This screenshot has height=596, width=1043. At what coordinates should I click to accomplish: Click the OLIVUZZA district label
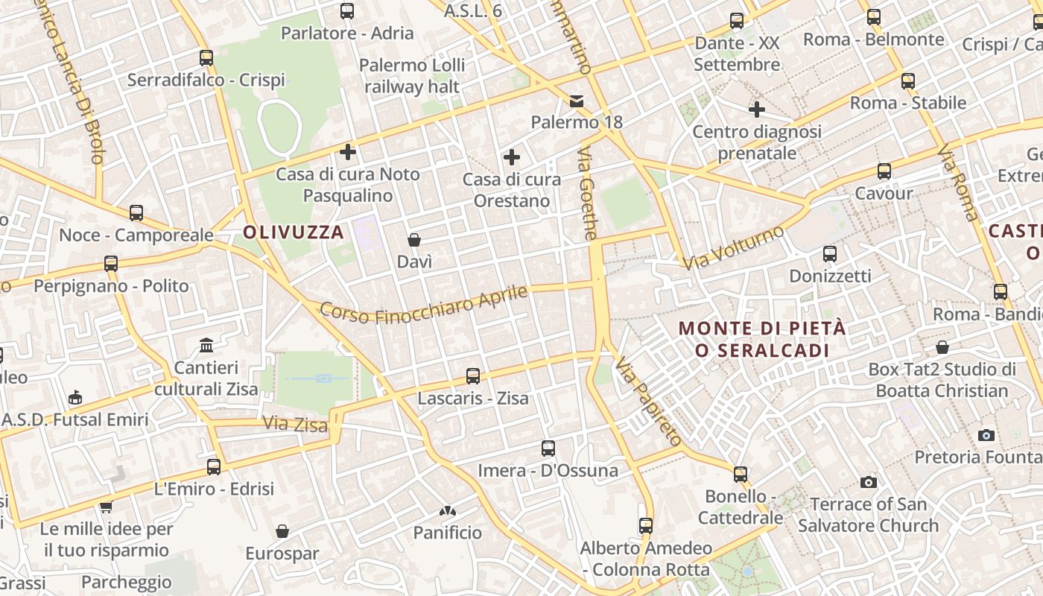tap(294, 232)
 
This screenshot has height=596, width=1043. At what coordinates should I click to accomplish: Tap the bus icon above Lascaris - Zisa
tap(473, 376)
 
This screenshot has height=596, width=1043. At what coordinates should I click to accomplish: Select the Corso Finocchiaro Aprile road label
tap(424, 305)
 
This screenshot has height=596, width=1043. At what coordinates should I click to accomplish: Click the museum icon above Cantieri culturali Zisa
tap(206, 346)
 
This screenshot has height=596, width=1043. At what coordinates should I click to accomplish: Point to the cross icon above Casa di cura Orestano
tap(512, 157)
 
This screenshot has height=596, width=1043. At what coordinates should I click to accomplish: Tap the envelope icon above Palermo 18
tap(577, 101)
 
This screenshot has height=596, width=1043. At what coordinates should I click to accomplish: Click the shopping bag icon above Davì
tap(414, 240)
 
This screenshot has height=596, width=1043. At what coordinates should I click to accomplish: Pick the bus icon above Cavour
tap(884, 171)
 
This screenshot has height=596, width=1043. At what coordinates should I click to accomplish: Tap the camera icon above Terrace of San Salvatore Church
tap(868, 483)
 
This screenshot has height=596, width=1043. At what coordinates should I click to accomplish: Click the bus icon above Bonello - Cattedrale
tap(741, 474)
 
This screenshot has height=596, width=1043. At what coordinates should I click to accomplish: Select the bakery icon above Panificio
tap(448, 511)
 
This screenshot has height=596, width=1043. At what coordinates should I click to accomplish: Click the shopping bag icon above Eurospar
tap(282, 531)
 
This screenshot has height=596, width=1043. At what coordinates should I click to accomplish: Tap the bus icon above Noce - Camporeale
tap(136, 213)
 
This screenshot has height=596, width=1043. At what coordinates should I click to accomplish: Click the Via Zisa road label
tap(295, 424)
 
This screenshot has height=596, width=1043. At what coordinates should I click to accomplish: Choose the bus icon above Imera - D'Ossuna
tap(548, 448)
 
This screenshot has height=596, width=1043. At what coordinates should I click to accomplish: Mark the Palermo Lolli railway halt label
tap(412, 75)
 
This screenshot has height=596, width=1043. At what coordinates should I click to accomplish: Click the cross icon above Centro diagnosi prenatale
tap(757, 110)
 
